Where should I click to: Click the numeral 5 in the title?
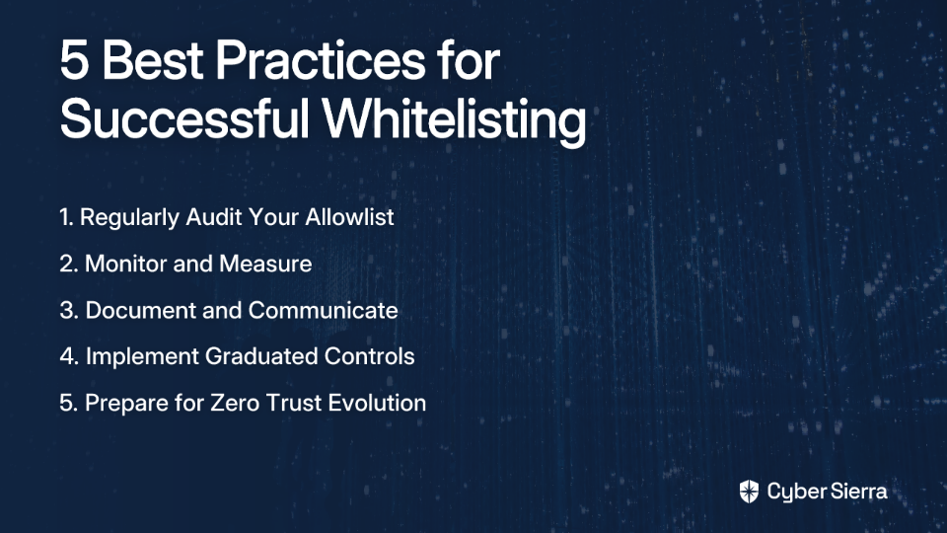[74, 60]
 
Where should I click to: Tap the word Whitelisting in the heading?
[454, 117]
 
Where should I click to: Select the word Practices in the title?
[320, 60]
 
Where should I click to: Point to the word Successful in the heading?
[184, 117]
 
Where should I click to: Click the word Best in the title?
[153, 60]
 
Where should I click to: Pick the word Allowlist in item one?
[349, 217]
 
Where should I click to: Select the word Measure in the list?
[265, 264]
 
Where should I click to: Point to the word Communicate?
[324, 310]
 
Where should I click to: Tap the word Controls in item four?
[370, 356]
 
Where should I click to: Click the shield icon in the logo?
[749, 492]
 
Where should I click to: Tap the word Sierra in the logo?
[857, 492]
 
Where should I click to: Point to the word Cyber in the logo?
[795, 493]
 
